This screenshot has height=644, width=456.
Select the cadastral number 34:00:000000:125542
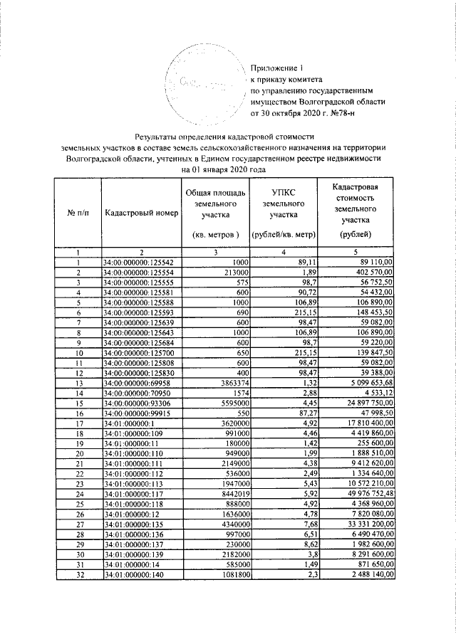140,262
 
